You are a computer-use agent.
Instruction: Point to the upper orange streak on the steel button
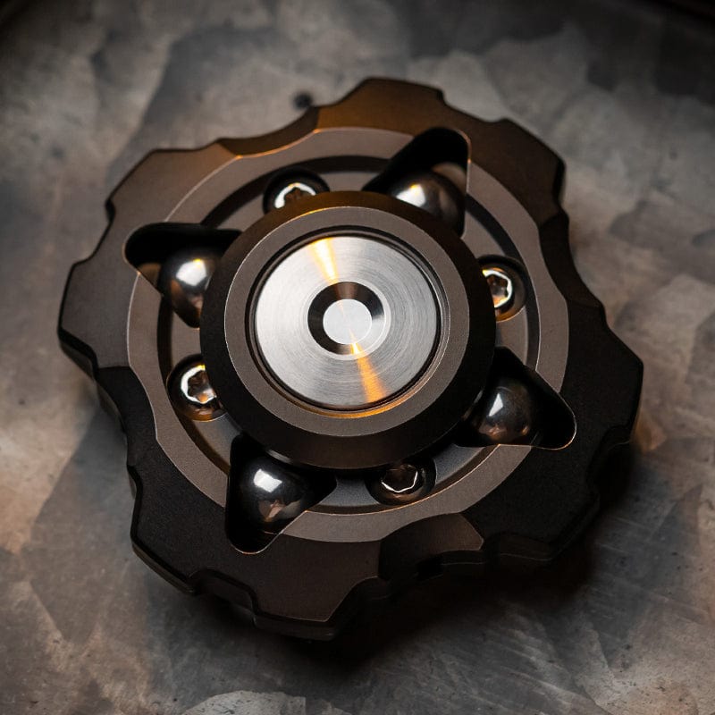pyautogui.click(x=324, y=260)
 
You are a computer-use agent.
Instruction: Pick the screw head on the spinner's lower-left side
pyautogui.click(x=195, y=388)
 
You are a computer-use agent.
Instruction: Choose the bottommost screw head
pyautogui.click(x=400, y=480)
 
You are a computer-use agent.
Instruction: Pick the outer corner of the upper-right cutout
pyautogui.click(x=466, y=136)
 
